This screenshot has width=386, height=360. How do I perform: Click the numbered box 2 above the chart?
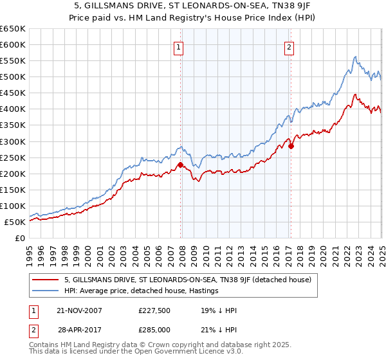[289, 46]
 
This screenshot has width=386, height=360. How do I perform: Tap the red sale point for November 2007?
[180, 165]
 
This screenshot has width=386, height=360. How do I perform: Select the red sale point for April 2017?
[291, 146]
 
